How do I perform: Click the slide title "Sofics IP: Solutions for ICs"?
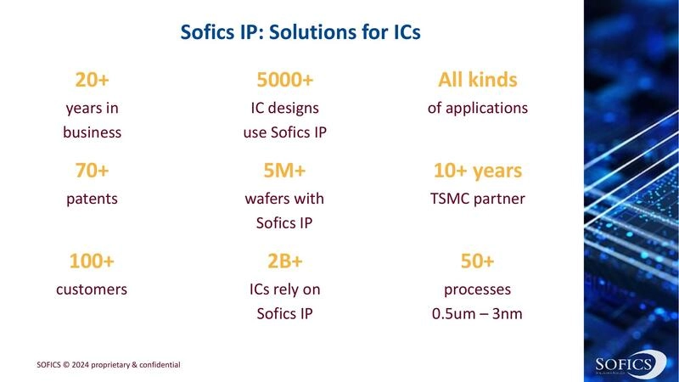[x=301, y=34]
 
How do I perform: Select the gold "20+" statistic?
[x=92, y=81]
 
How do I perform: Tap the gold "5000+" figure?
[x=285, y=81]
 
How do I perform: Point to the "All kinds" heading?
[x=477, y=81]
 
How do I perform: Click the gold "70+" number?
[x=92, y=171]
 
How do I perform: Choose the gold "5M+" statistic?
[x=285, y=171]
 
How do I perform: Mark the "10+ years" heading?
[x=477, y=171]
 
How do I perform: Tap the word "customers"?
[x=92, y=289]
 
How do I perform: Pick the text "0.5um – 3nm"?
[x=477, y=314]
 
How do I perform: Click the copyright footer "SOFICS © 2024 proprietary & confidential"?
[x=109, y=365]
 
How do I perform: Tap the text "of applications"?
[x=477, y=108]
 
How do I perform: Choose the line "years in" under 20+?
[x=92, y=108]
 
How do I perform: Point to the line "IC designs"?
[x=285, y=108]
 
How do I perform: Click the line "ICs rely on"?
[x=285, y=289]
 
